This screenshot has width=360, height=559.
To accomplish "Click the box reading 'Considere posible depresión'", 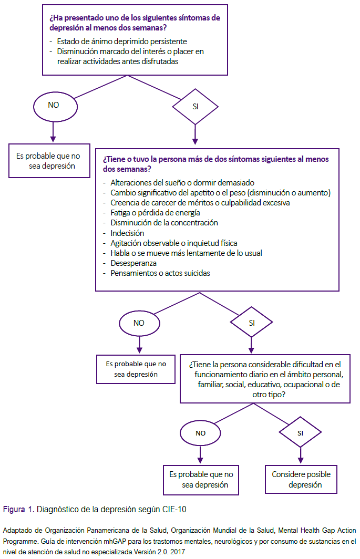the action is (x=301, y=479).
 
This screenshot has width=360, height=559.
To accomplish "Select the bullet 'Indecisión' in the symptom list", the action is (x=127, y=233).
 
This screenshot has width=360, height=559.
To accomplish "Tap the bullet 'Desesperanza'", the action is (x=133, y=263).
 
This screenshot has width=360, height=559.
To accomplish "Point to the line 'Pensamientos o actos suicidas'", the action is (x=160, y=273).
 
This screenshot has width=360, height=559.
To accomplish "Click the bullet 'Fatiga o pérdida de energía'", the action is (x=155, y=213).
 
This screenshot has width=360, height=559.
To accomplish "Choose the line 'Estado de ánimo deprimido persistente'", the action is (x=122, y=42).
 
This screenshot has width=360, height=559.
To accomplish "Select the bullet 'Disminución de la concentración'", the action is (x=164, y=223).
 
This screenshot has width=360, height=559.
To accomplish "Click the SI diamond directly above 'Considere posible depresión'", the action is (x=301, y=432).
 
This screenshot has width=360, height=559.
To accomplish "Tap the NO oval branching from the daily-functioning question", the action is (x=201, y=433).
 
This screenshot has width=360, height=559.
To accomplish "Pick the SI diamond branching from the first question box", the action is (x=195, y=107).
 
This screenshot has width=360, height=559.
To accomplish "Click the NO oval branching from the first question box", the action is (x=55, y=107).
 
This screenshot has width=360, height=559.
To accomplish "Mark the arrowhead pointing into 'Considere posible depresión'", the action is (x=301, y=460).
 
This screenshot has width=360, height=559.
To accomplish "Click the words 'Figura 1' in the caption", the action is (x=18, y=510).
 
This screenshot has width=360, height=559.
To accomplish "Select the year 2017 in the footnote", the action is (x=177, y=552).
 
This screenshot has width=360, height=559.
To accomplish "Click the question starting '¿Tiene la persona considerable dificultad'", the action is (x=265, y=379).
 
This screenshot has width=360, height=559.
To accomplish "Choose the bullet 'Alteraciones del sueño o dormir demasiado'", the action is (x=182, y=183).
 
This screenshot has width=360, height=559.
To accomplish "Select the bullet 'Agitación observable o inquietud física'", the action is (x=174, y=243).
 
